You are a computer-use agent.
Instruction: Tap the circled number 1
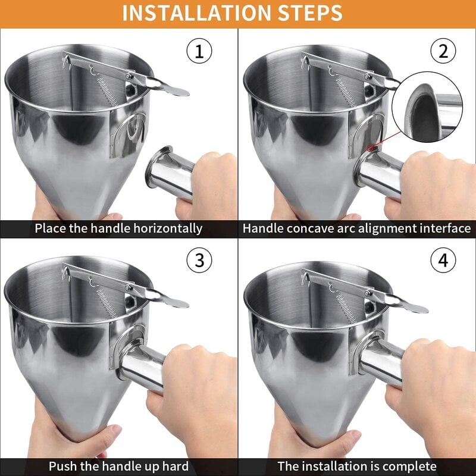click(199, 51)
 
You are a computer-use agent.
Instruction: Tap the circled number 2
click(442, 51)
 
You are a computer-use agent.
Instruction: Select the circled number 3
click(199, 261)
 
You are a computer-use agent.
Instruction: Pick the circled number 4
click(442, 261)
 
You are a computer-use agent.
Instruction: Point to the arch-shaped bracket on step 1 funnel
click(128, 134)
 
